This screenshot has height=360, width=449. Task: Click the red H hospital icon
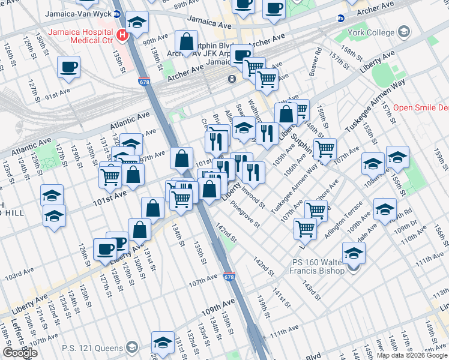(124, 35)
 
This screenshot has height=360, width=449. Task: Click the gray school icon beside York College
(404, 31)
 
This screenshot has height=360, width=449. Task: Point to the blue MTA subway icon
(340, 19)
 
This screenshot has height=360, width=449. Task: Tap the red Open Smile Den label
(420, 109)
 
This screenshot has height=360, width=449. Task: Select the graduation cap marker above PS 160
(354, 253)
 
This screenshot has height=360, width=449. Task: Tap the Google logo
(20, 353)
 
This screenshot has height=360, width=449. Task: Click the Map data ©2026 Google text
(411, 355)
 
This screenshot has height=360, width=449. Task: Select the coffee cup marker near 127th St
(69, 67)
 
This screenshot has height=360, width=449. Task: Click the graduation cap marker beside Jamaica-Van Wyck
(137, 23)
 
